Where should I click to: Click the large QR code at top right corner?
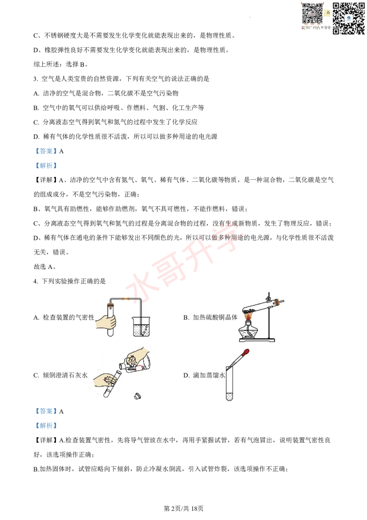(348, 18)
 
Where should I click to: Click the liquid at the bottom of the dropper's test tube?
(229, 396)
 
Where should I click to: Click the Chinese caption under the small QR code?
(315, 28)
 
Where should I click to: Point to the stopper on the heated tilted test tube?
(277, 302)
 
